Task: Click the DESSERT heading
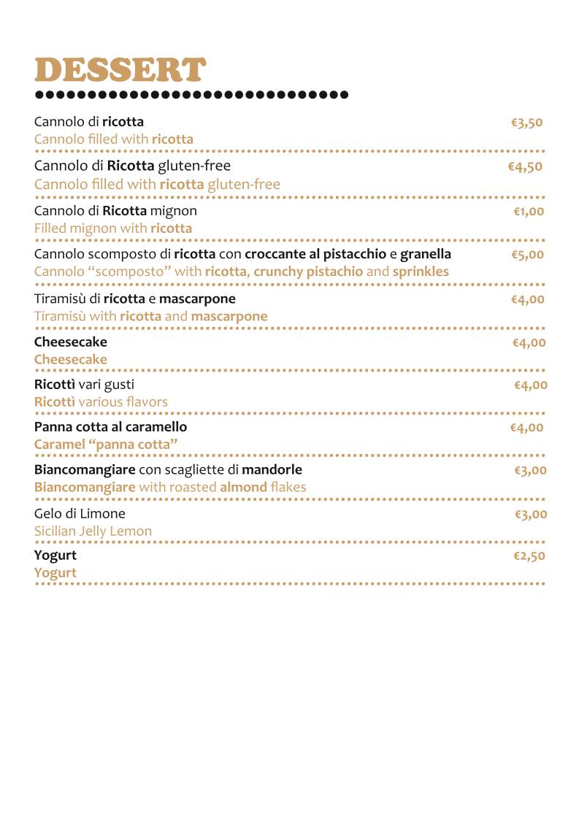120,70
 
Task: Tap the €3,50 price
526,123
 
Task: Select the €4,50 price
525,166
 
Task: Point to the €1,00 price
529,212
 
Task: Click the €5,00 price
528,255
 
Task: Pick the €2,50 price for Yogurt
529,556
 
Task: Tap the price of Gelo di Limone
530,515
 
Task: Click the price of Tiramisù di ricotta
528,299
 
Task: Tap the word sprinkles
421,272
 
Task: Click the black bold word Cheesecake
71,342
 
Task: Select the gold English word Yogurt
55,573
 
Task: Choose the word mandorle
272,469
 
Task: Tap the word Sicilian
55,531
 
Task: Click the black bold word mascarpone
197,299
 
